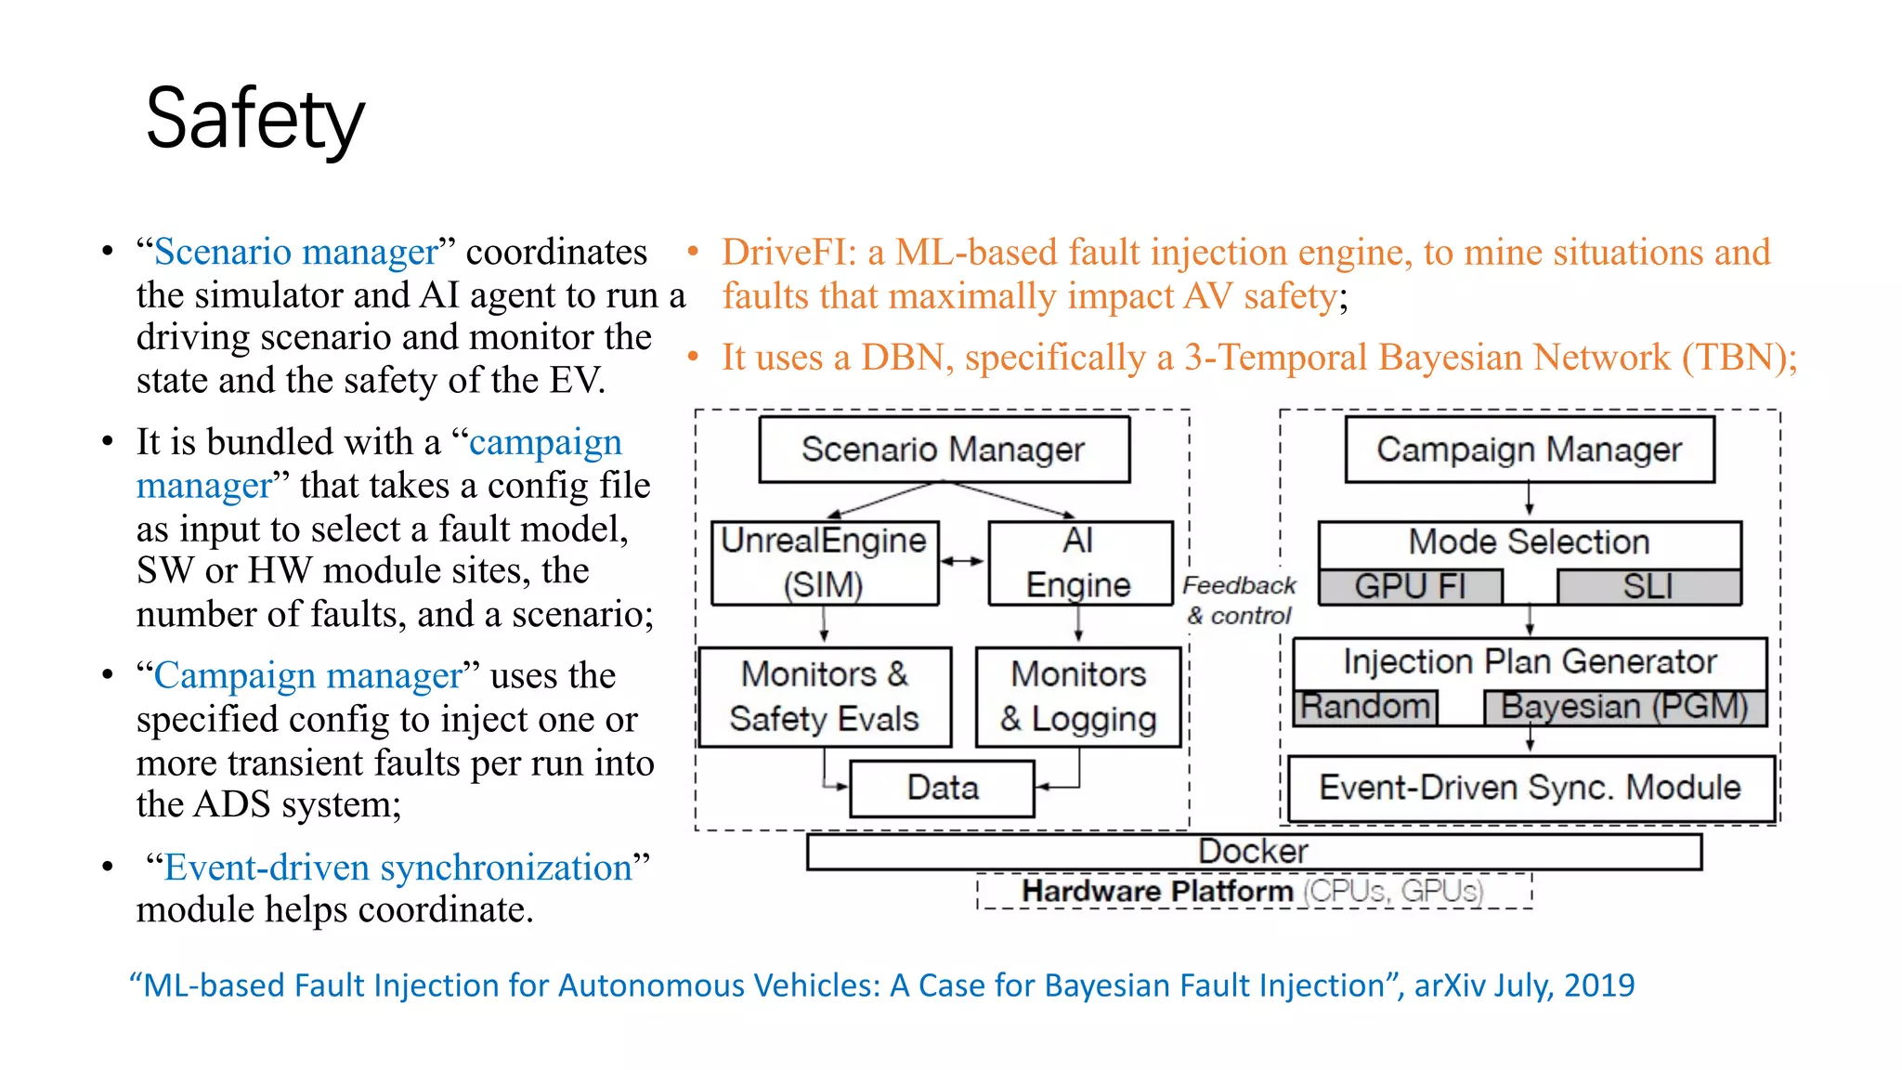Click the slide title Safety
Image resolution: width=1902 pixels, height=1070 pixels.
coord(255,119)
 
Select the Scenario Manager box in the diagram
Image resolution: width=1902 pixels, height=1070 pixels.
coord(944,450)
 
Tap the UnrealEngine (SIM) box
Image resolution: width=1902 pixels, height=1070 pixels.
coord(825,563)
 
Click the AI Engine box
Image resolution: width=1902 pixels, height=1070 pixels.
coord(1079,563)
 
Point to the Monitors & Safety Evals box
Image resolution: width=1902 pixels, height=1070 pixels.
coord(825,697)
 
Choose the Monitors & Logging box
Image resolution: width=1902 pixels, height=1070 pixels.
coord(1078,697)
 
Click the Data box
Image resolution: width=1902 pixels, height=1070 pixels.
coord(942,789)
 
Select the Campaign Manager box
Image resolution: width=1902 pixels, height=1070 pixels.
coord(1529,450)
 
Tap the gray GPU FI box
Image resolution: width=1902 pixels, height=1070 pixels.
coord(1410,587)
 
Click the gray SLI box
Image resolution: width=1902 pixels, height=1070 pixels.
coord(1648,587)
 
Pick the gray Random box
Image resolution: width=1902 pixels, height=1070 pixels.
coord(1365,708)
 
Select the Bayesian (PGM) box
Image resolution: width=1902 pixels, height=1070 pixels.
coord(1624,708)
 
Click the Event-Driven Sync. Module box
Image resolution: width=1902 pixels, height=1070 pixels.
coord(1531,789)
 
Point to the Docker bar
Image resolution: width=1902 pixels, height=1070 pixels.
coord(1254,851)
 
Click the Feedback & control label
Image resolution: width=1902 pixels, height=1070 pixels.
coord(1239,600)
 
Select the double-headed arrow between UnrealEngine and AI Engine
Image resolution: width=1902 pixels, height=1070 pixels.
coord(962,561)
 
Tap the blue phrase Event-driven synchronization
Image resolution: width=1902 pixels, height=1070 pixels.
coord(398,868)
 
